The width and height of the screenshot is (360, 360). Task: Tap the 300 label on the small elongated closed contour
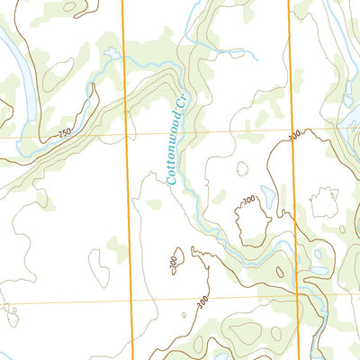(173, 262)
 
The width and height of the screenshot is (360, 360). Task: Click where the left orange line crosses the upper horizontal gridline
(126, 136)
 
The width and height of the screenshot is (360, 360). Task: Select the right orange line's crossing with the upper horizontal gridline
(292, 132)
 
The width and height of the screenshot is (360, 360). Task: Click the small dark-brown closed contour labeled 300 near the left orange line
(179, 256)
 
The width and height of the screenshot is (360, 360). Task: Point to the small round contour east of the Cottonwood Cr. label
(241, 168)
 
